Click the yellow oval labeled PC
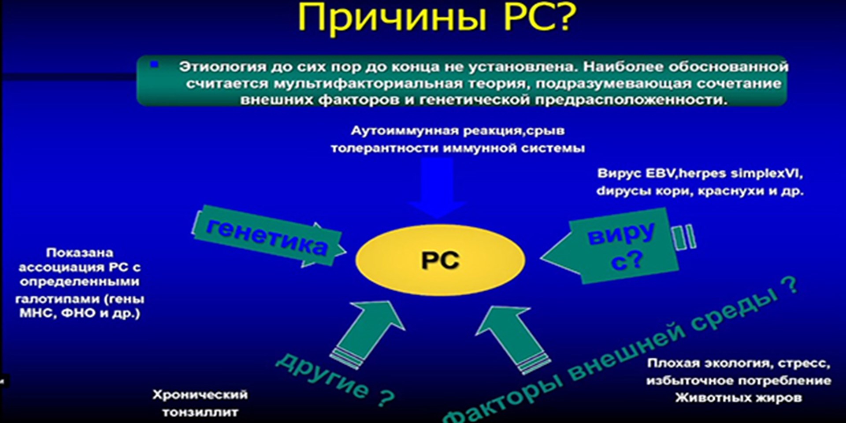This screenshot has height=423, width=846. tap(440, 260)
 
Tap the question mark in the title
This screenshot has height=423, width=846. tap(562, 17)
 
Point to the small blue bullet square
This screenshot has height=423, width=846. tap(154, 64)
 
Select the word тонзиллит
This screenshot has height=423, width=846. tap(200, 412)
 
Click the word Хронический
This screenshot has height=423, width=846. tap(200, 394)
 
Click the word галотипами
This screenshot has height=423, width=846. tap(59, 299)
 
